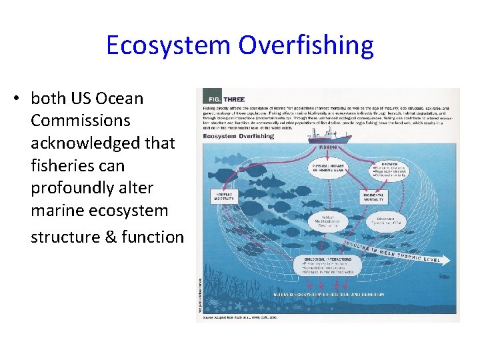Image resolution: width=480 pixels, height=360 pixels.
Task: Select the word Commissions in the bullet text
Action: click(x=80, y=121)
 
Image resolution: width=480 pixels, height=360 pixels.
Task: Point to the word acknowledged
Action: click(x=103, y=143)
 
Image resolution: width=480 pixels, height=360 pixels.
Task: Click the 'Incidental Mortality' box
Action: click(x=373, y=196)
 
